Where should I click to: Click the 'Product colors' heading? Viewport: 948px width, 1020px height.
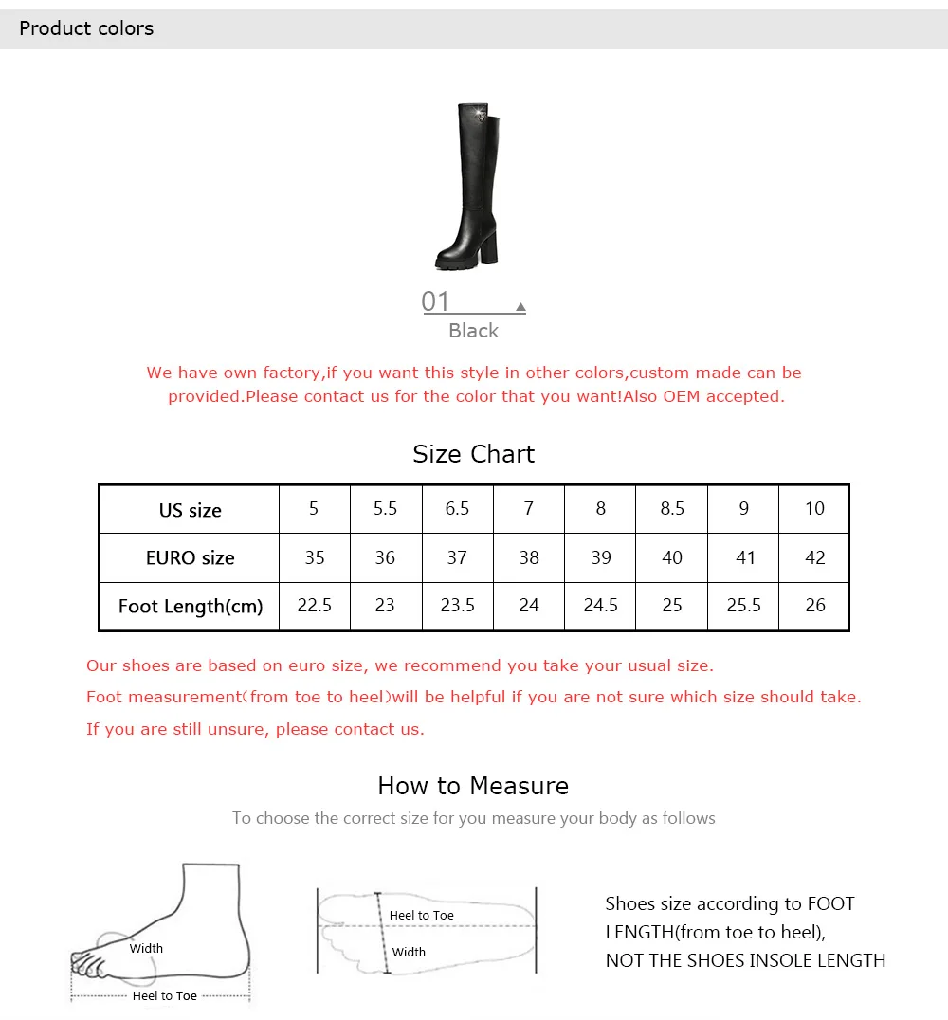click(86, 28)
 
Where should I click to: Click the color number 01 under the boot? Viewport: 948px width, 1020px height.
click(435, 301)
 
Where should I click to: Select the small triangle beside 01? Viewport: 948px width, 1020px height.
click(520, 306)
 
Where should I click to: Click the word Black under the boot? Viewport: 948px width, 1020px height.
click(474, 331)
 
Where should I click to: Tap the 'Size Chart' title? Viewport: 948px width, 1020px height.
click(474, 454)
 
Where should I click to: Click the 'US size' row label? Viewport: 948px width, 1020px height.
click(190, 510)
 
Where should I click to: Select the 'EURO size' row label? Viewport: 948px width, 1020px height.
click(190, 557)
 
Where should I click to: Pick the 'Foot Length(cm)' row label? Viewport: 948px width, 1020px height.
click(191, 607)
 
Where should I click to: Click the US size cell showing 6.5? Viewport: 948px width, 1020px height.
click(457, 509)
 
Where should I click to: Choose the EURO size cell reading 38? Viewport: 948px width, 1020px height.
click(529, 557)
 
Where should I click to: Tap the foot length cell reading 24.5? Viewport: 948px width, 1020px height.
click(600, 605)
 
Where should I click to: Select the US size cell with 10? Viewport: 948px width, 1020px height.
click(814, 509)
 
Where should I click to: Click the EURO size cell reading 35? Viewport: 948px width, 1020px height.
click(315, 557)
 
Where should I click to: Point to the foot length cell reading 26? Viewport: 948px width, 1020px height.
click(815, 605)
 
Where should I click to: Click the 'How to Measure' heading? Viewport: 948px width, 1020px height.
click(474, 786)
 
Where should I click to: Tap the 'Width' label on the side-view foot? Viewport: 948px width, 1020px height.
click(146, 949)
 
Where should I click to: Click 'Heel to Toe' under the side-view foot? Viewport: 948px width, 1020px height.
click(165, 996)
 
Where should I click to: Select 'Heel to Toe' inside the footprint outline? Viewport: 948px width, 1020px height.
click(422, 916)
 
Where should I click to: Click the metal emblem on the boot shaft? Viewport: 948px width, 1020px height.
click(482, 116)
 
